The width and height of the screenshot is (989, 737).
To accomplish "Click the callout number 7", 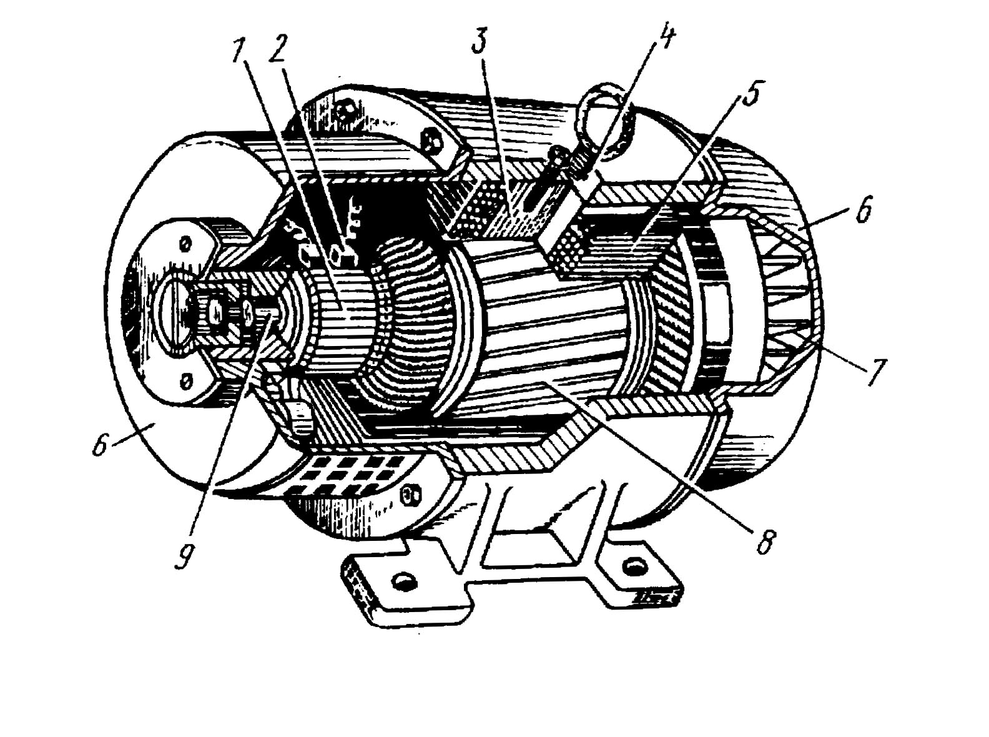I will (x=875, y=373).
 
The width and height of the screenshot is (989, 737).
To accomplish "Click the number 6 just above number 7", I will (x=862, y=211).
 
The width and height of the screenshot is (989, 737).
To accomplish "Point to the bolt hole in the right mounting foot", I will (x=634, y=566).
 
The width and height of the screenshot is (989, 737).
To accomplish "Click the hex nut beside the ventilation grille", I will (x=410, y=495).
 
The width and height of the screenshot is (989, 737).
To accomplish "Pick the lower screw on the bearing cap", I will (x=185, y=379).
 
